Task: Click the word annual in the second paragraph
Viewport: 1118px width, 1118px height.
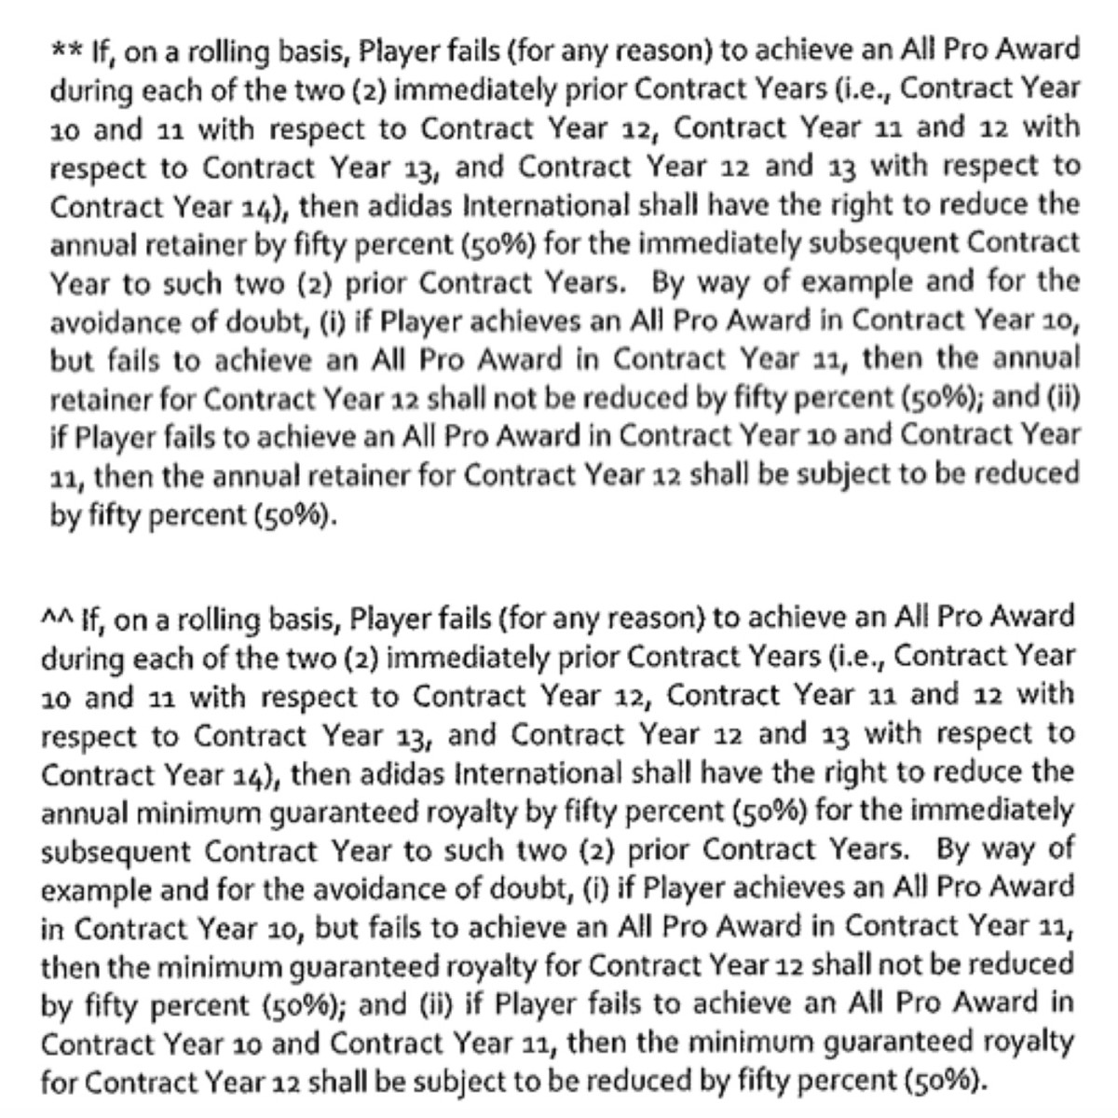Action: [86, 811]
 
